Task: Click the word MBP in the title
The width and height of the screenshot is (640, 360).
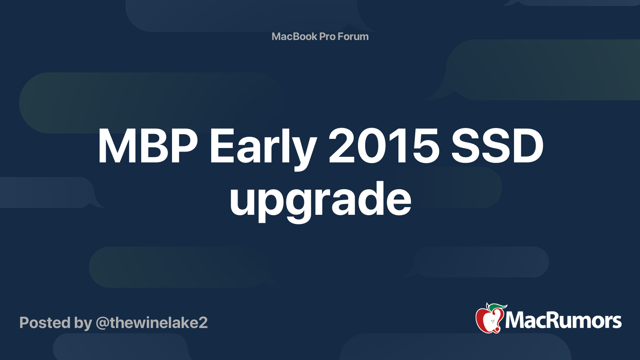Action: coord(148,146)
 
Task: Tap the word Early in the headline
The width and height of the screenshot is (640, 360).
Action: coord(263,146)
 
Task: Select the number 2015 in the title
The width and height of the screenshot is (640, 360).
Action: coord(384,146)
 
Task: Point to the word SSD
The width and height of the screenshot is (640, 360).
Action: coord(497,146)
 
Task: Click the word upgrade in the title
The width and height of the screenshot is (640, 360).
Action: coord(320,199)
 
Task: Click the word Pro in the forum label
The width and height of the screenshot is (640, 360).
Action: coord(327,36)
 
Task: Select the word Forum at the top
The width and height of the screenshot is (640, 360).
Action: coord(353,36)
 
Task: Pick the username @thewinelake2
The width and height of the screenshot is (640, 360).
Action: coord(152,323)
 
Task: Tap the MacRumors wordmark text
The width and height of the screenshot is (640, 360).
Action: coord(563,321)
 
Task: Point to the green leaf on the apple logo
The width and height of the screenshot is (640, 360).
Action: coord(498,307)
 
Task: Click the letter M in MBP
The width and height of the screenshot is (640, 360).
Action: coord(116,146)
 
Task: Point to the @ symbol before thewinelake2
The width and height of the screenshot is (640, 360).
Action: coord(102,323)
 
